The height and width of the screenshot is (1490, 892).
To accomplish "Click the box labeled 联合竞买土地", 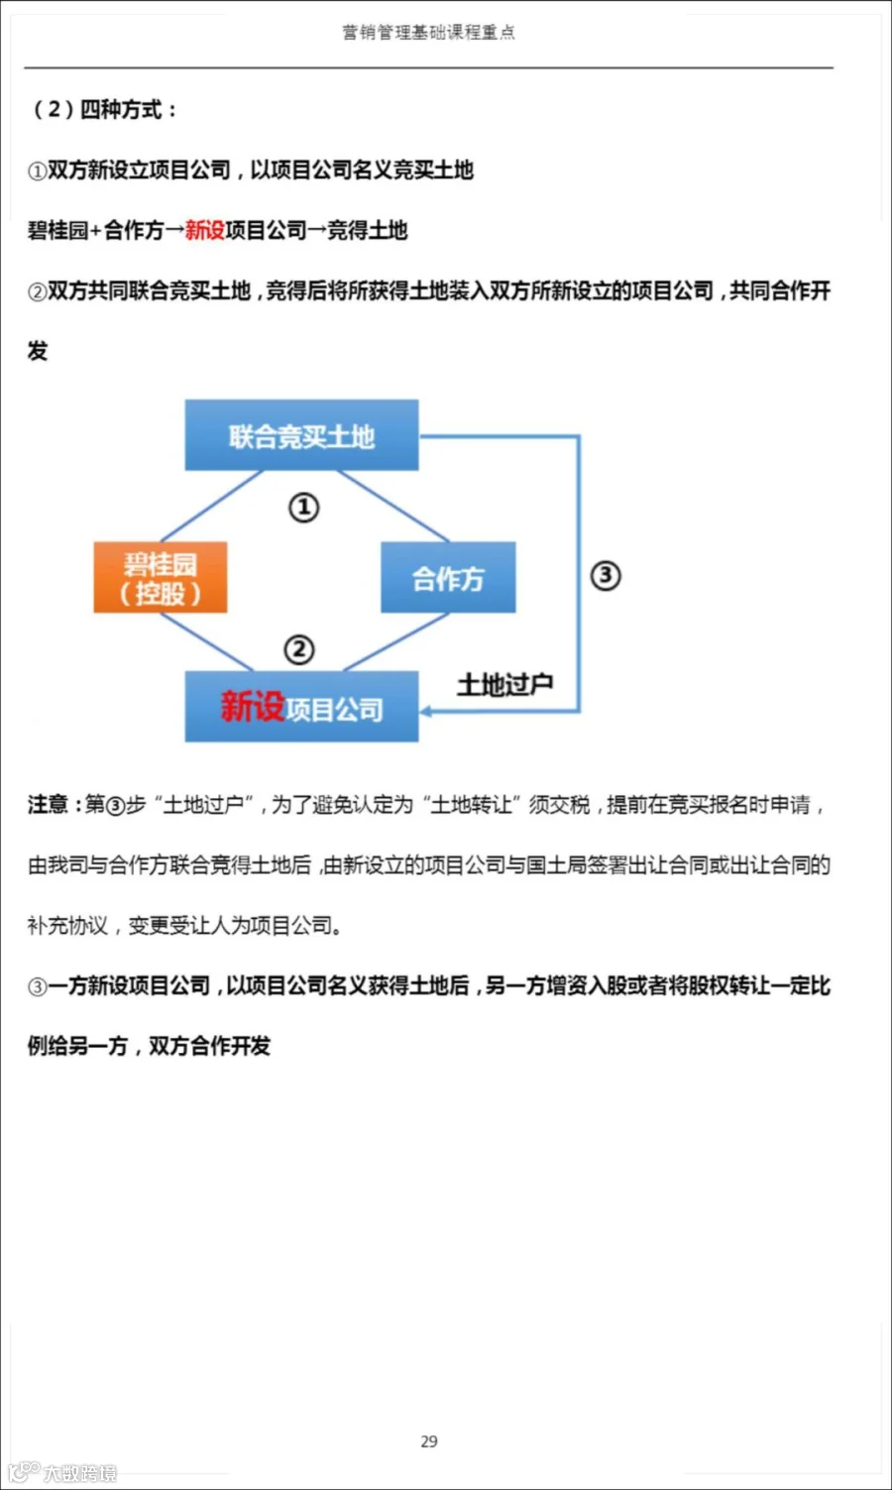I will [x=301, y=435].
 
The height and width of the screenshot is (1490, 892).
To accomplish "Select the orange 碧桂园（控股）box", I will [x=161, y=578].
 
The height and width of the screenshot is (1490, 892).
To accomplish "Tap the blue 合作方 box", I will [x=448, y=578].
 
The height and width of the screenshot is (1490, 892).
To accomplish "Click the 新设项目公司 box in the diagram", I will [x=301, y=707].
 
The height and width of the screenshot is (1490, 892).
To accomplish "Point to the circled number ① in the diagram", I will [x=303, y=508].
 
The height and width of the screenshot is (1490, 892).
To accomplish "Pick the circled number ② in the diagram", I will [x=299, y=649].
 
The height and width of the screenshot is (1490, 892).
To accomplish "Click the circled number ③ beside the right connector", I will [x=606, y=575].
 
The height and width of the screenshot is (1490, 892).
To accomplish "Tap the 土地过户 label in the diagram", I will [x=504, y=684].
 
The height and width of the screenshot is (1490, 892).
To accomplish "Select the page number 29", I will [x=429, y=1441].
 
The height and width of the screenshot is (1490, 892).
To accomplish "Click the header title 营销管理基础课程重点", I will [x=428, y=33].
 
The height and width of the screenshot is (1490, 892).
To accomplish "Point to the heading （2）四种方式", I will [x=103, y=109].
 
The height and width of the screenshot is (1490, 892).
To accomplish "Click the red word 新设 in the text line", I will [x=204, y=230].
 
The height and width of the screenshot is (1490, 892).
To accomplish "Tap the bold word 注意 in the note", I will [x=47, y=804].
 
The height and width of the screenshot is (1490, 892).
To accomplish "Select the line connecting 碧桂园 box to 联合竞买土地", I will [x=210, y=507].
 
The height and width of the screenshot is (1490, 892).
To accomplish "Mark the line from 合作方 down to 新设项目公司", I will [x=396, y=641].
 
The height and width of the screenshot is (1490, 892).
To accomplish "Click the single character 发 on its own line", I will [x=38, y=351].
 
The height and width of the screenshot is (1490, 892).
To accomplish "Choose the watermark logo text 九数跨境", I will [x=79, y=1473].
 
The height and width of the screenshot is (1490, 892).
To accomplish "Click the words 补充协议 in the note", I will [x=67, y=926].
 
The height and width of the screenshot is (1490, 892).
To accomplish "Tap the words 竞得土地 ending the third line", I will [x=368, y=230].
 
